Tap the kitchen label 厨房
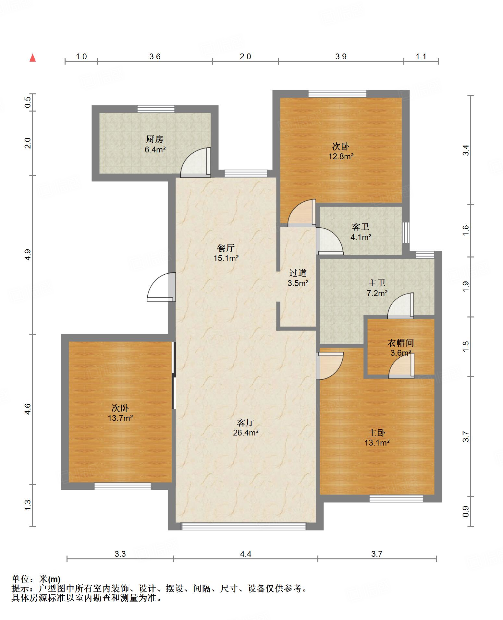(154, 139)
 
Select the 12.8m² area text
(341, 156)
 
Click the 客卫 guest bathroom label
(361, 227)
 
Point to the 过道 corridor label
(298, 273)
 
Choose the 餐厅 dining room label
(226, 248)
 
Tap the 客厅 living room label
(245, 423)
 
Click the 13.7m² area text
(120, 418)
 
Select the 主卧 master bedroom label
(377, 433)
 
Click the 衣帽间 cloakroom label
(401, 343)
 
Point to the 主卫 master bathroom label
(377, 283)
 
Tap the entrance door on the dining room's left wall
(161, 287)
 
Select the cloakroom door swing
(401, 366)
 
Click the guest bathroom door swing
(330, 241)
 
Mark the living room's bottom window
(243, 526)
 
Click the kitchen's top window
(156, 109)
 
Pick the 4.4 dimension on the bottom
(246, 554)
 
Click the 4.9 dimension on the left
(28, 254)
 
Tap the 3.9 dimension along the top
(341, 57)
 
